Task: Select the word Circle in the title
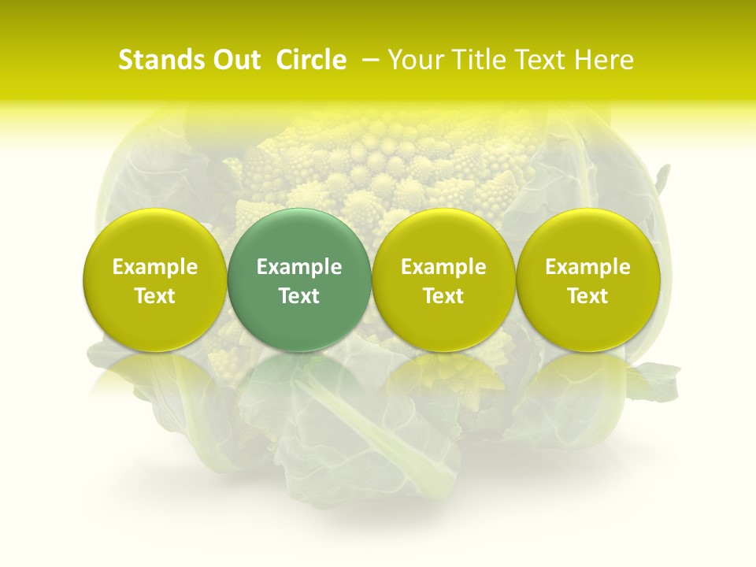(x=311, y=60)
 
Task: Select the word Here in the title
(x=605, y=60)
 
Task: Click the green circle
(x=298, y=236)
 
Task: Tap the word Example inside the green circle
(x=299, y=267)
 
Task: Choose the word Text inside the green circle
(x=299, y=296)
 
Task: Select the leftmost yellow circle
(x=154, y=236)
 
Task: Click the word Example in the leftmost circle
(x=155, y=267)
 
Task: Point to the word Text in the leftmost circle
(x=155, y=296)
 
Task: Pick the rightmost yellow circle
(x=587, y=236)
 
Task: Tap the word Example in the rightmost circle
(x=588, y=267)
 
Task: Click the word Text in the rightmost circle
(x=588, y=296)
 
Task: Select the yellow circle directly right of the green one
(x=443, y=236)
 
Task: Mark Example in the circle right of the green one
(x=443, y=267)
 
